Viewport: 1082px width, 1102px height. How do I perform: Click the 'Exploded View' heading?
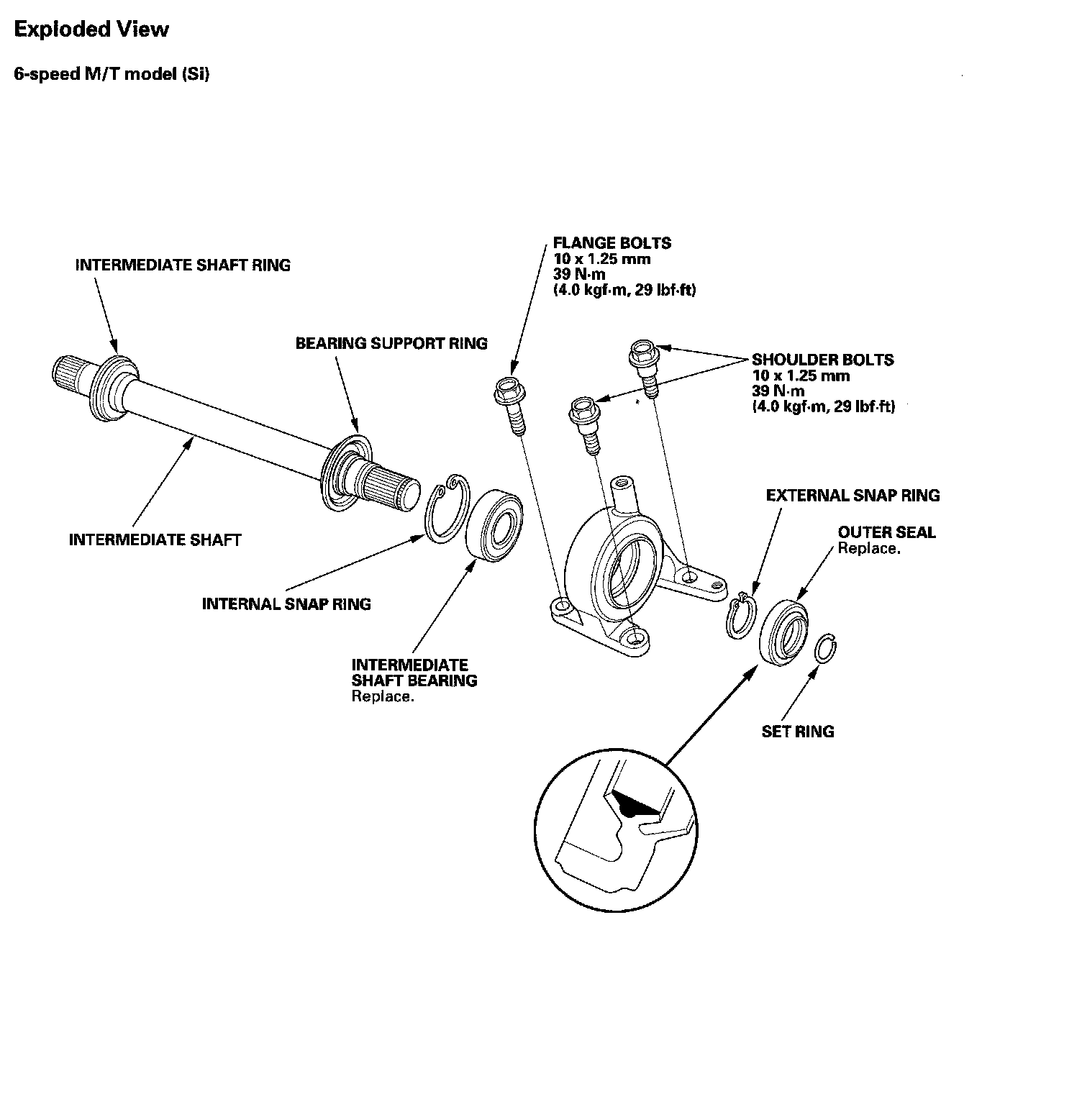click(91, 29)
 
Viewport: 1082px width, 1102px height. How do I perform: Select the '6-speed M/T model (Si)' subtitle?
click(112, 74)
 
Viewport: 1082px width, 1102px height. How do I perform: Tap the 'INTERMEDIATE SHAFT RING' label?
click(183, 265)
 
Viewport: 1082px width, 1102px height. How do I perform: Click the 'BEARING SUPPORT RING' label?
click(391, 343)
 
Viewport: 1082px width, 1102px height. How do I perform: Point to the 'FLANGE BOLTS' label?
click(612, 243)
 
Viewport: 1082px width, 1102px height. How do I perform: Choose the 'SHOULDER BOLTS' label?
click(822, 360)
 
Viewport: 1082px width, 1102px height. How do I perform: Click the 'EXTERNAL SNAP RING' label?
click(853, 496)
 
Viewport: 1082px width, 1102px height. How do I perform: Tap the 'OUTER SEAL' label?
click(886, 532)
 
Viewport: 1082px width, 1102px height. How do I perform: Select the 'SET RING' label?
click(798, 732)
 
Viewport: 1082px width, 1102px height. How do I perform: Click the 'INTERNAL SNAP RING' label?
click(286, 604)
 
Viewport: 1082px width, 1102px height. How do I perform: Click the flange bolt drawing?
click(511, 403)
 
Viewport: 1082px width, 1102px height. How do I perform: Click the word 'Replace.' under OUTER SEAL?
click(868, 548)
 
